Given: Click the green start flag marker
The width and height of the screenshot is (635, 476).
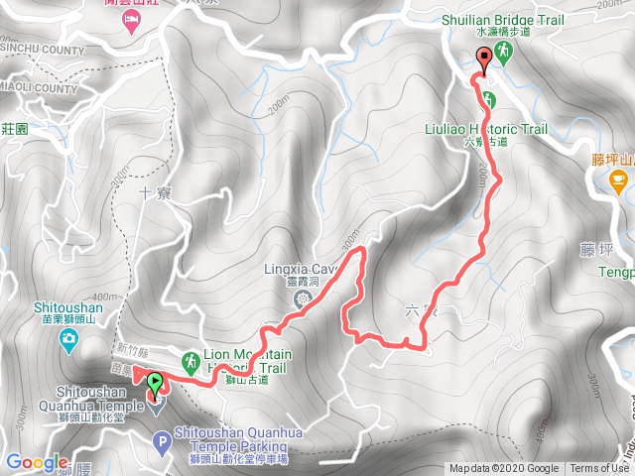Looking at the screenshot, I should point(155,381).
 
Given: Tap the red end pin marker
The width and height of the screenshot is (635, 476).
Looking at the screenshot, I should point(484,58).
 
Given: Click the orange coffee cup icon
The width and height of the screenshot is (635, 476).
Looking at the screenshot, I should point(617,179).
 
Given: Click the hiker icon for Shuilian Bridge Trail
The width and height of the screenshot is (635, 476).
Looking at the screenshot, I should point(504,52).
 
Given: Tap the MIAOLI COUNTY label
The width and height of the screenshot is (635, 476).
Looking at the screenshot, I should point(38,89).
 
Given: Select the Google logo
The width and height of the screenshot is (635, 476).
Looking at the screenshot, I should point(37,462).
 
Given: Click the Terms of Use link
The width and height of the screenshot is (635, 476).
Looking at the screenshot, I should point(598,469).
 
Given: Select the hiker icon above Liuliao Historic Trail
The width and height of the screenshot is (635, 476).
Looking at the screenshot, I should point(489,98).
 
